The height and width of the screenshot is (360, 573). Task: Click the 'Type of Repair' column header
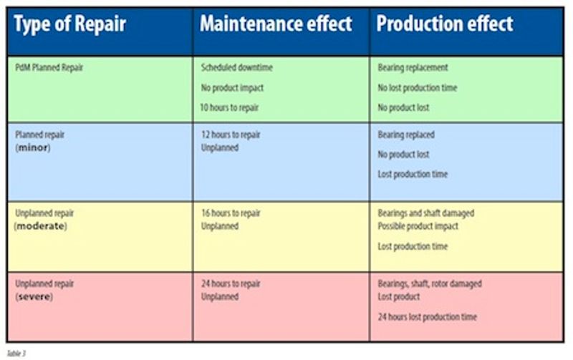[x=70, y=24]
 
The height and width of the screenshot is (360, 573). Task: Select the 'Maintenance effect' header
[x=276, y=24]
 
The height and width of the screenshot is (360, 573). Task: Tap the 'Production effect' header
[x=445, y=24]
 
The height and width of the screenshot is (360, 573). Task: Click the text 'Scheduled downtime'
[x=237, y=68]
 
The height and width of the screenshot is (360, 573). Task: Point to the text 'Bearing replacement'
[x=413, y=68]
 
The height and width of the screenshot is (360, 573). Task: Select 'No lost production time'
[x=417, y=88]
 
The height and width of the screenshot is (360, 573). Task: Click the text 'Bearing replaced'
[x=406, y=135]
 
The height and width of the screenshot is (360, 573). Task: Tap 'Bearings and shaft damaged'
[x=425, y=213]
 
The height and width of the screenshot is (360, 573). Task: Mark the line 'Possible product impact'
[x=418, y=226]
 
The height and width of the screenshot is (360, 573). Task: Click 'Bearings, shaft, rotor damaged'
[x=430, y=283]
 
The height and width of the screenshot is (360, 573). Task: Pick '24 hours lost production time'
[x=427, y=316]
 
